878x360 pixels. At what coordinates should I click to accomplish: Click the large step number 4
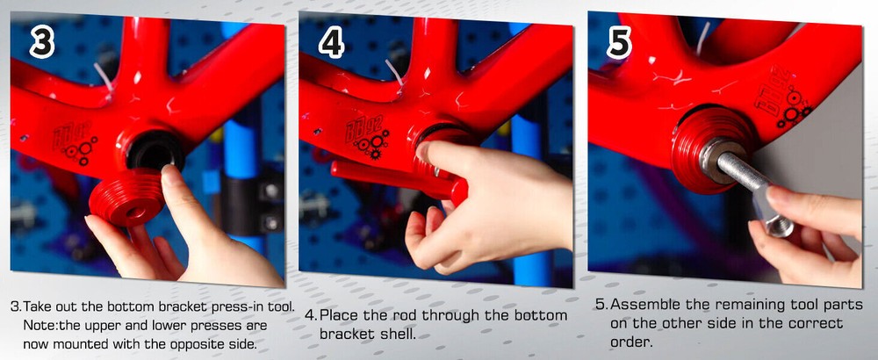pos(331,43)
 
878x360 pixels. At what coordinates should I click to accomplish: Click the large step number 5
pos(618,44)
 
